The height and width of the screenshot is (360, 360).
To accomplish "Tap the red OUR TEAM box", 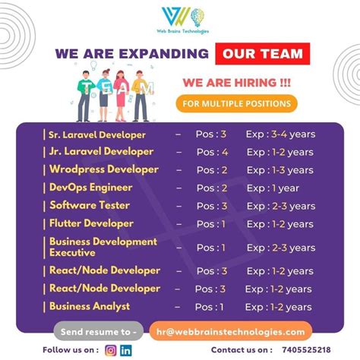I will (262, 54).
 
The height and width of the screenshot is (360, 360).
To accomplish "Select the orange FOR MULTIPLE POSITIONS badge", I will (236, 103).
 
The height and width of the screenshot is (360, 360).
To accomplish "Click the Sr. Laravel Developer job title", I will (96, 134).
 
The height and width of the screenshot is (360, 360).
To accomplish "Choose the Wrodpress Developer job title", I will (103, 169).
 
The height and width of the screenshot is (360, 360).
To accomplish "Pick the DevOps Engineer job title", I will (90, 187).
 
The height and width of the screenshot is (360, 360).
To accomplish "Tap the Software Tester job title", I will (89, 205).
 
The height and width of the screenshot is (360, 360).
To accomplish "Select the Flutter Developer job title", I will (91, 223).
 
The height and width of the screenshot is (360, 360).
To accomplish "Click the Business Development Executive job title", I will (103, 247).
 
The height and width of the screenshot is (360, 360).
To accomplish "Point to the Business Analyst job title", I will (89, 307).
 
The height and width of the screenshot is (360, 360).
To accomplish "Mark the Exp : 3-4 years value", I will (280, 134).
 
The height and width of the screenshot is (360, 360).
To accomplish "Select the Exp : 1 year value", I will (273, 188).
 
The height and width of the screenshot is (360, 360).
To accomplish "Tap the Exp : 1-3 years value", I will (279, 169).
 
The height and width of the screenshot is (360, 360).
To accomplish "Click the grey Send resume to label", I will (96, 331).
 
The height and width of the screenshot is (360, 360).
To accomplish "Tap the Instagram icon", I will (110, 350).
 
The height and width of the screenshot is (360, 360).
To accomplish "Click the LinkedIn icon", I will (125, 350).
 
